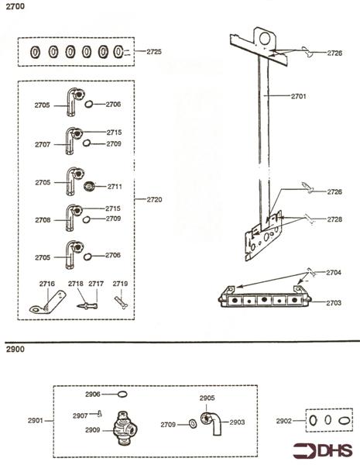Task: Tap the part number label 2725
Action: pyautogui.click(x=153, y=52)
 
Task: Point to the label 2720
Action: pyautogui.click(x=154, y=200)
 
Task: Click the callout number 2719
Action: pyautogui.click(x=120, y=284)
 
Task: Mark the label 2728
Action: pyautogui.click(x=334, y=220)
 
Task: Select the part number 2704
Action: pyautogui.click(x=334, y=273)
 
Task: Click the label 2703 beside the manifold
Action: pyautogui.click(x=334, y=302)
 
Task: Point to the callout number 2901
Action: pyautogui.click(x=35, y=421)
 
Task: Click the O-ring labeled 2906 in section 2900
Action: pyautogui.click(x=122, y=394)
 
